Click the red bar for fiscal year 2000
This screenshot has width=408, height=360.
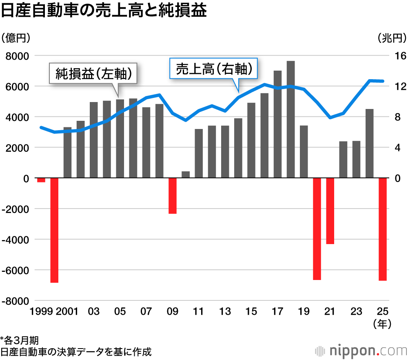[x=54, y=230]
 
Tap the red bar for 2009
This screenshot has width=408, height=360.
[x=173, y=196]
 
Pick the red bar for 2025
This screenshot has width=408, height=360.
[x=383, y=229]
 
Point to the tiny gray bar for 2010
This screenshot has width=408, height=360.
[x=186, y=175]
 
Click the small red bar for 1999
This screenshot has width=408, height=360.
[x=41, y=180]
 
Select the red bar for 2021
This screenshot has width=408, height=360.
[x=330, y=211]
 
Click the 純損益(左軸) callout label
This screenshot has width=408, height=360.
[x=93, y=74]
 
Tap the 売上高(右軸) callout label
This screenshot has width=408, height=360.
[x=214, y=69]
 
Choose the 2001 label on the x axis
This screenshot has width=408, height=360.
[x=68, y=312]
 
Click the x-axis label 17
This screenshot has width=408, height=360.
[x=277, y=312]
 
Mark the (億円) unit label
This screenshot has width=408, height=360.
[x=16, y=38]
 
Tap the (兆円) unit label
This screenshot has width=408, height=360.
[x=392, y=38]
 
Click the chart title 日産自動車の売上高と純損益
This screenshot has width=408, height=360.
[x=104, y=11]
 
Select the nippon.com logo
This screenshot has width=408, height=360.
[x=361, y=350]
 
